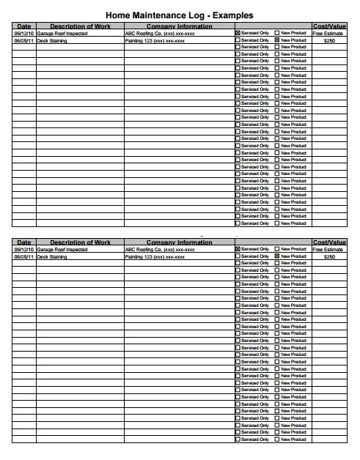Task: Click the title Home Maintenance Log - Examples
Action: pyautogui.click(x=180, y=15)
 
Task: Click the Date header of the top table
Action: pyautogui.click(x=23, y=26)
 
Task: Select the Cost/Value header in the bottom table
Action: pyautogui.click(x=329, y=242)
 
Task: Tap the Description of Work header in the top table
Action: pyautogui.click(x=80, y=26)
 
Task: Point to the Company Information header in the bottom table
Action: pyautogui.click(x=180, y=242)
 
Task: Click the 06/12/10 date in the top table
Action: pyautogui.click(x=23, y=34)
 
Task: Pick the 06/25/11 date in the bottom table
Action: pyautogui.click(x=23, y=257)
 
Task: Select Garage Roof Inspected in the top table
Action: pyautogui.click(x=62, y=34)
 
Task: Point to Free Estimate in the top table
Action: pyautogui.click(x=329, y=34)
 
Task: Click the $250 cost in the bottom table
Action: pyautogui.click(x=329, y=257)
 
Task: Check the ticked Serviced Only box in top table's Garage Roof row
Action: pyautogui.click(x=238, y=34)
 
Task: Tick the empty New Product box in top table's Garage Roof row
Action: pyautogui.click(x=277, y=34)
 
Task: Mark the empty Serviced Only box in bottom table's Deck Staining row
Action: pyautogui.click(x=238, y=257)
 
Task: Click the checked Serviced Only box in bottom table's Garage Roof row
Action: pyautogui.click(x=238, y=250)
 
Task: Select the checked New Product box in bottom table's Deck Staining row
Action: pyautogui.click(x=277, y=257)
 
